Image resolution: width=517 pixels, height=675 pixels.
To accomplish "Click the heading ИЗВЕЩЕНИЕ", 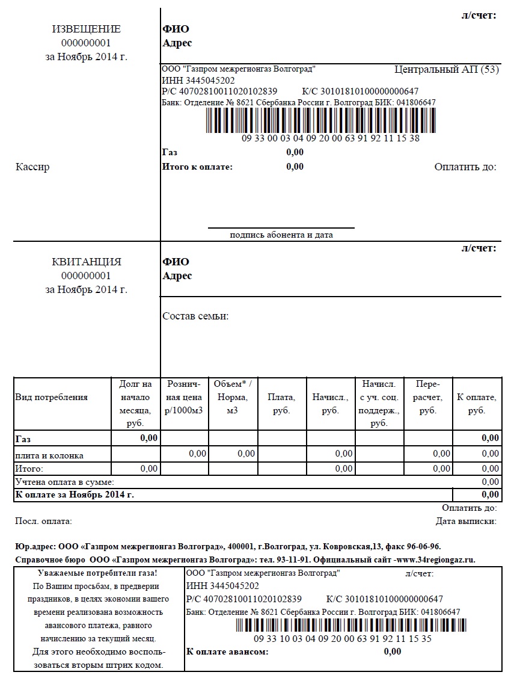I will [86, 29].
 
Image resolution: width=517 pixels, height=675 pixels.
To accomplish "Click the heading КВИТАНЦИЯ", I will [86, 262].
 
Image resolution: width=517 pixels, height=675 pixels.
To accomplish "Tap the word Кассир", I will [32, 167].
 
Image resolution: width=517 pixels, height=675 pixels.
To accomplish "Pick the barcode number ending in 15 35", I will [342, 639].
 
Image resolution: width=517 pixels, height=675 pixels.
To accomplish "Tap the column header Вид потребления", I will [52, 397].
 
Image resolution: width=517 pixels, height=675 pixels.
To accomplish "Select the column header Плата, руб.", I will [281, 404].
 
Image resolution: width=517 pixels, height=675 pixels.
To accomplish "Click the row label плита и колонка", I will [49, 455].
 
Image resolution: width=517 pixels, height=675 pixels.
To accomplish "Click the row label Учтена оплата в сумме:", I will [64, 482].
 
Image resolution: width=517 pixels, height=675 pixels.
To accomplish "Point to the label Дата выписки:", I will [466, 521].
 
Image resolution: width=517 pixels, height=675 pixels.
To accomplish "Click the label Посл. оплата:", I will [43, 521].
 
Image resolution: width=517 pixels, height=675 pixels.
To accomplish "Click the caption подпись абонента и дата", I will [281, 235].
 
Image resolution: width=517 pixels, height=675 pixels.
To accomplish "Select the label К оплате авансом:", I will [227, 652].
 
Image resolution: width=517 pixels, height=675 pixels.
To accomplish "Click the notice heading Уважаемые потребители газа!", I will [97, 573].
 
